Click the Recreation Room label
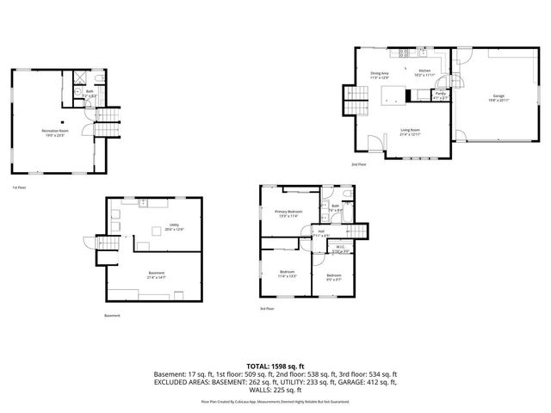point(56,132)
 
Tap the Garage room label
point(498,96)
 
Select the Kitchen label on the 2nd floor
point(424,72)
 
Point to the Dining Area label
point(380,74)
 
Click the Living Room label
point(410,131)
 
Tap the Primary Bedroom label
point(288,213)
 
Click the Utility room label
point(174,226)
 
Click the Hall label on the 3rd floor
point(319,232)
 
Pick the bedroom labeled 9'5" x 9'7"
point(334,276)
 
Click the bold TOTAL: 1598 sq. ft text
point(275,367)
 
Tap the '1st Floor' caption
point(19,188)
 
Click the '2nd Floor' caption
point(358,164)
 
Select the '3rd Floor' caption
point(268,308)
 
